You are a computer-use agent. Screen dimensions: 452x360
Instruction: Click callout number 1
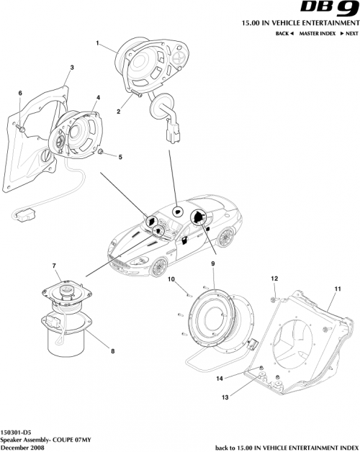(x=96, y=43)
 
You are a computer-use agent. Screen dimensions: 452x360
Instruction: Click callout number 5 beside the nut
(x=120, y=156)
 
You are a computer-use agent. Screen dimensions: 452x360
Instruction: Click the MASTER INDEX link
(x=320, y=34)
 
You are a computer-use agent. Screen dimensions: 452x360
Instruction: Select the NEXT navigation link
(x=349, y=34)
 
